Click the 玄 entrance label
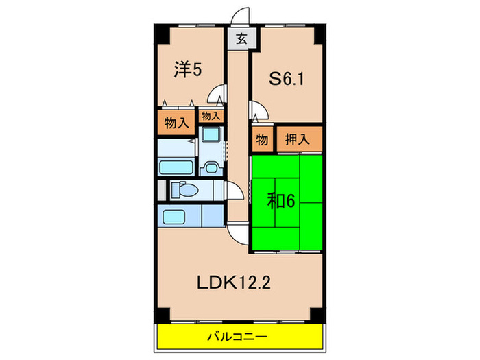click(x=241, y=39)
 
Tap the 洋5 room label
click(x=187, y=70)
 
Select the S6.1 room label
click(x=286, y=80)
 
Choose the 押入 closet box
click(x=298, y=139)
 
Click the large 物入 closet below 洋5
click(x=176, y=124)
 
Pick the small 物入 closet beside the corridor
click(x=210, y=117)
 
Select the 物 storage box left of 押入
click(x=262, y=139)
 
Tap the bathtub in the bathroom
click(x=176, y=167)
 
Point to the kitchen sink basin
click(x=177, y=218)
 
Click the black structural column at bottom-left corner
click(x=160, y=315)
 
